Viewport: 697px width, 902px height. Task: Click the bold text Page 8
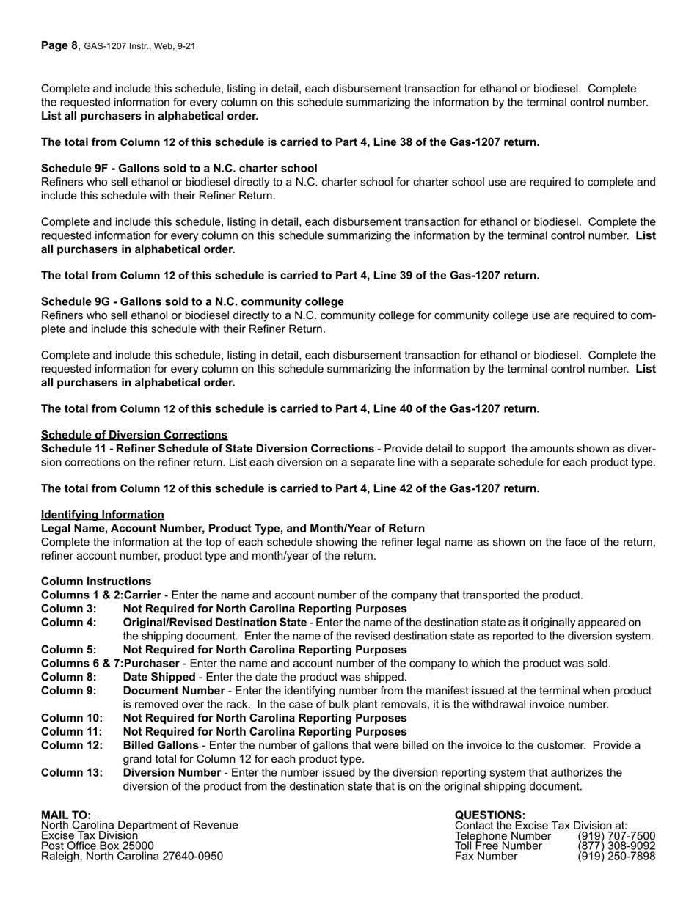59,45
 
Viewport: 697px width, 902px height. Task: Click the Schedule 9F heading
179,169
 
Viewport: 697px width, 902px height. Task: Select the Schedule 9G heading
192,301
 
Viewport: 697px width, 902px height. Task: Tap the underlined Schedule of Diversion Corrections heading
134,435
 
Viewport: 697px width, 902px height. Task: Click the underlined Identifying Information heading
102,515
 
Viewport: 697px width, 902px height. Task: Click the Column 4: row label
68,623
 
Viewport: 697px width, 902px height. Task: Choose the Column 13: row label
71,773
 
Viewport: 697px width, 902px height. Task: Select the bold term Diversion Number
171,773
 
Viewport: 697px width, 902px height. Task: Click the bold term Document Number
173,691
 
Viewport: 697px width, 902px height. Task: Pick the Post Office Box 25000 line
97,846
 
